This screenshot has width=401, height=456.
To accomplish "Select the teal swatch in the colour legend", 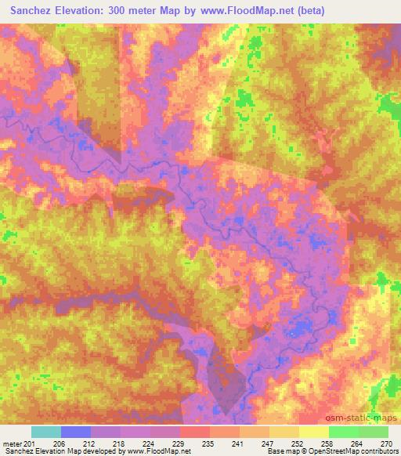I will (x=46, y=432).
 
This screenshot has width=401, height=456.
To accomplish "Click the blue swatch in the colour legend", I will (x=76, y=432).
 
